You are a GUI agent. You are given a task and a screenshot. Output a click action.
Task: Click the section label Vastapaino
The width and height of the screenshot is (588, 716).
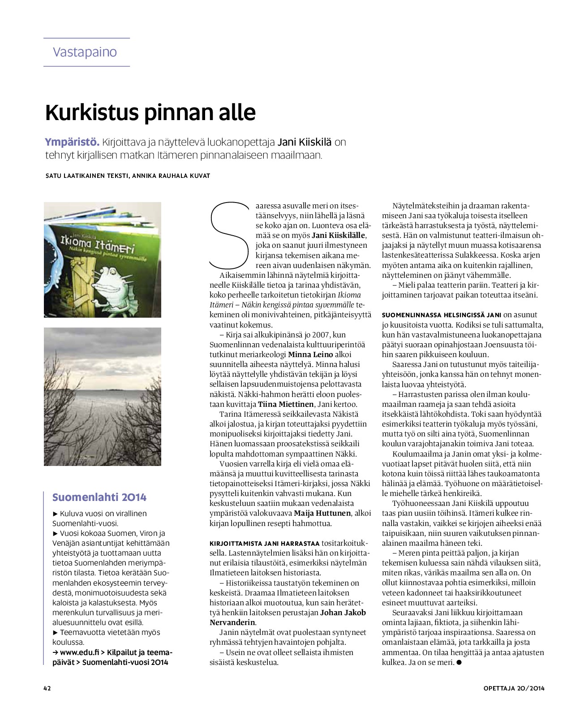coord(85,52)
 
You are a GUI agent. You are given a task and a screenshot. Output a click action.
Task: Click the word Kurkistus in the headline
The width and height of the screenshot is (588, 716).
coord(92,112)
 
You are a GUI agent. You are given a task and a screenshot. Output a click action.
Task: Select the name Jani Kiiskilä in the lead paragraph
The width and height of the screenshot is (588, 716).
coord(305,142)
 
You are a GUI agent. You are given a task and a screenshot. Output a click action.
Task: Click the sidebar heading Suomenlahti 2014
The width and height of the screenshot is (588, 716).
coord(99,497)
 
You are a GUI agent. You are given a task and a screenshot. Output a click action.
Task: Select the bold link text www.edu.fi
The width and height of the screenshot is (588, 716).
coord(79,652)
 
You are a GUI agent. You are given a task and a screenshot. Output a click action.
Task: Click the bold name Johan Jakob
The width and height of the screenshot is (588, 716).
coord(343,612)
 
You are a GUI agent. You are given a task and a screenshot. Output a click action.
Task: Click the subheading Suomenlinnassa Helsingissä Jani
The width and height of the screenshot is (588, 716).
coord(441,315)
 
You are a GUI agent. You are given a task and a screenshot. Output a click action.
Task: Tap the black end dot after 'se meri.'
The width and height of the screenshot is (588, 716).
coord(459,663)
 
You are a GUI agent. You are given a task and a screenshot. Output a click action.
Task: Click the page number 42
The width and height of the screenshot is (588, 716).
coord(47,688)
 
